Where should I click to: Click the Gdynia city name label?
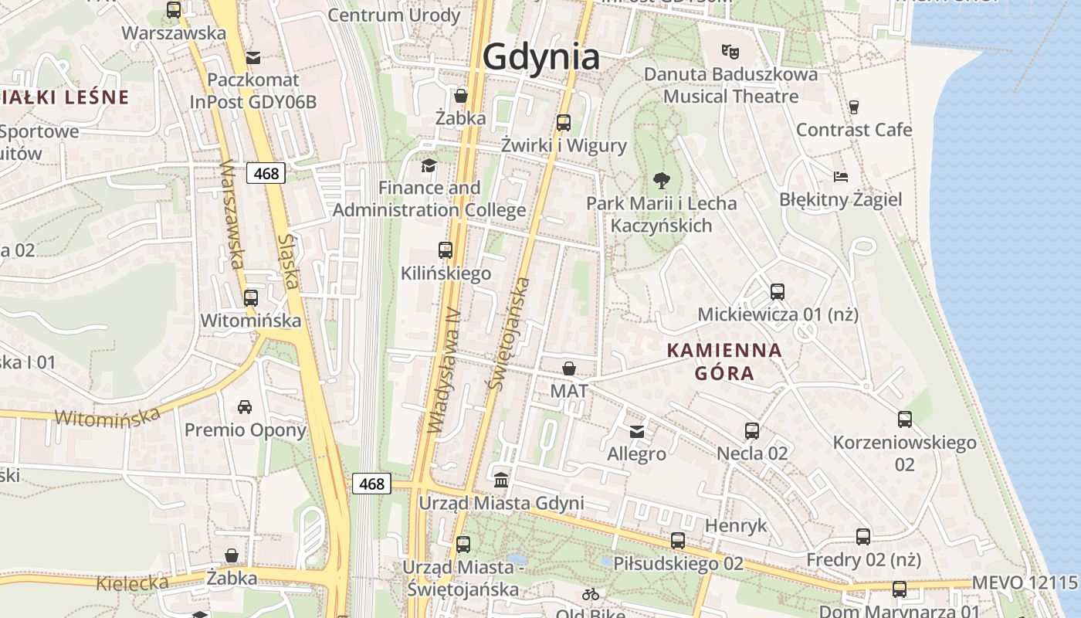point(540,57)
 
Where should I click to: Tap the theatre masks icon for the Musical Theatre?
point(730,52)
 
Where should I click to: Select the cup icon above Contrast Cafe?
point(854,107)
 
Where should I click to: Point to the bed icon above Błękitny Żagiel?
point(841,177)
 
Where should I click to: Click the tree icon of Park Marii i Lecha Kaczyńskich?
point(661,181)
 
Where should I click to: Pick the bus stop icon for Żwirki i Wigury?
point(564,122)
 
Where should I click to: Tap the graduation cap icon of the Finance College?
point(429,165)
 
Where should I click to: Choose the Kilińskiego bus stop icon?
point(446,250)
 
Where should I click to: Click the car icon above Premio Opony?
point(245,406)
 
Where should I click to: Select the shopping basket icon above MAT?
point(569,368)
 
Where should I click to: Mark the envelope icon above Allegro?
point(637,431)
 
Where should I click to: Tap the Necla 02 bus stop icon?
point(752,430)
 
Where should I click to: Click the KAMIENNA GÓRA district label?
point(724,362)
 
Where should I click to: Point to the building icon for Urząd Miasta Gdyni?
point(501,480)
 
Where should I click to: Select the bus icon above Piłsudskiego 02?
point(678,541)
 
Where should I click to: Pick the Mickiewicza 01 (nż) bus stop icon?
point(778,292)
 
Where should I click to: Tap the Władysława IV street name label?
point(444,371)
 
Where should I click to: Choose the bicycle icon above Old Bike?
point(591,594)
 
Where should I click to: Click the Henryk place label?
point(736,526)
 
